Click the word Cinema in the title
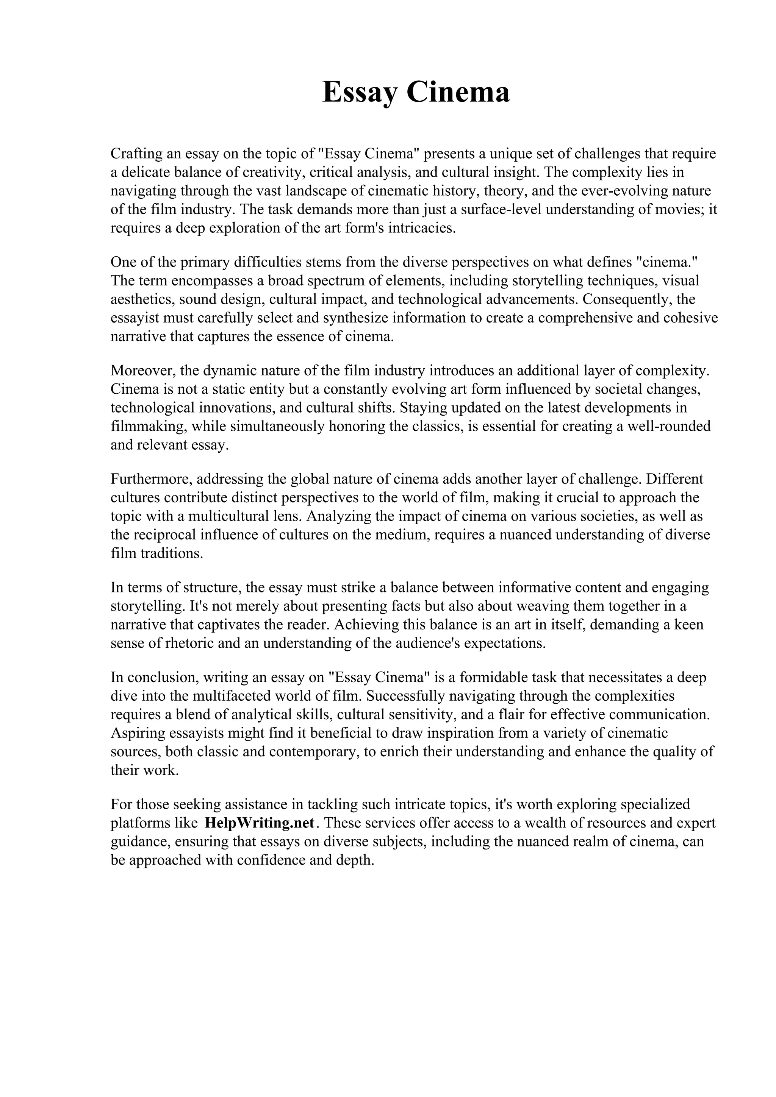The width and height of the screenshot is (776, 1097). click(x=458, y=92)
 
